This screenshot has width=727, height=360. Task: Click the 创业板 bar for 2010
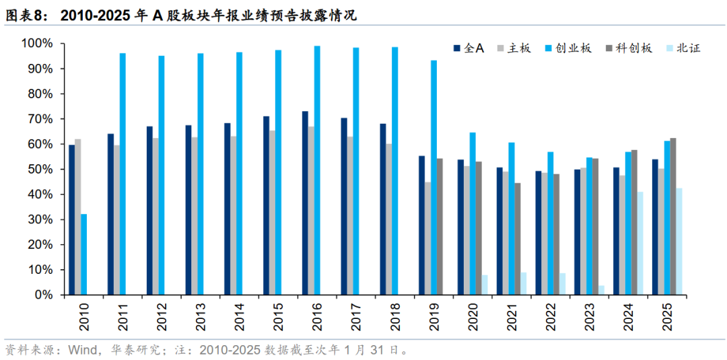[x=84, y=254]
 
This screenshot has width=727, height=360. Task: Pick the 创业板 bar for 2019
[x=434, y=178]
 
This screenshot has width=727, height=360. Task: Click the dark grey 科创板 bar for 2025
[x=673, y=216]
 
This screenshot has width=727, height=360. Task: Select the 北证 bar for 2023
[x=601, y=290]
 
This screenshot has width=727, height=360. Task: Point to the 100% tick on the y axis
[x=37, y=44]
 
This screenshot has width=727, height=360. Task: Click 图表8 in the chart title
[x=26, y=15]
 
